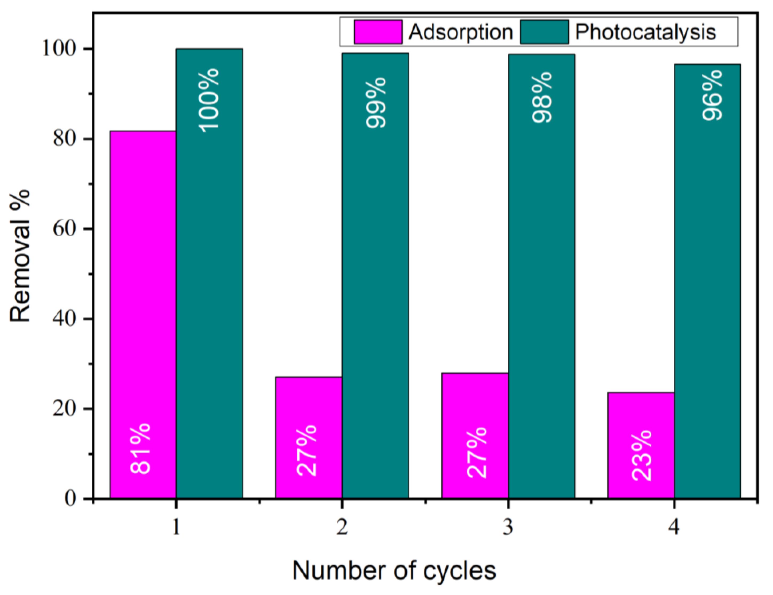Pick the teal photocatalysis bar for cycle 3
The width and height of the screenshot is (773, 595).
point(541,276)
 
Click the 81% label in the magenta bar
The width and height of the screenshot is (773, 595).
point(141,448)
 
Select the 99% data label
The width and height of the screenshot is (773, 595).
point(376,103)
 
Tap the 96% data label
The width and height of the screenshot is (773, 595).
point(712,95)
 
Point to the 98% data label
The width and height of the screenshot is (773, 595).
point(542,97)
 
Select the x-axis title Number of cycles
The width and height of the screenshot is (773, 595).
point(394,570)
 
